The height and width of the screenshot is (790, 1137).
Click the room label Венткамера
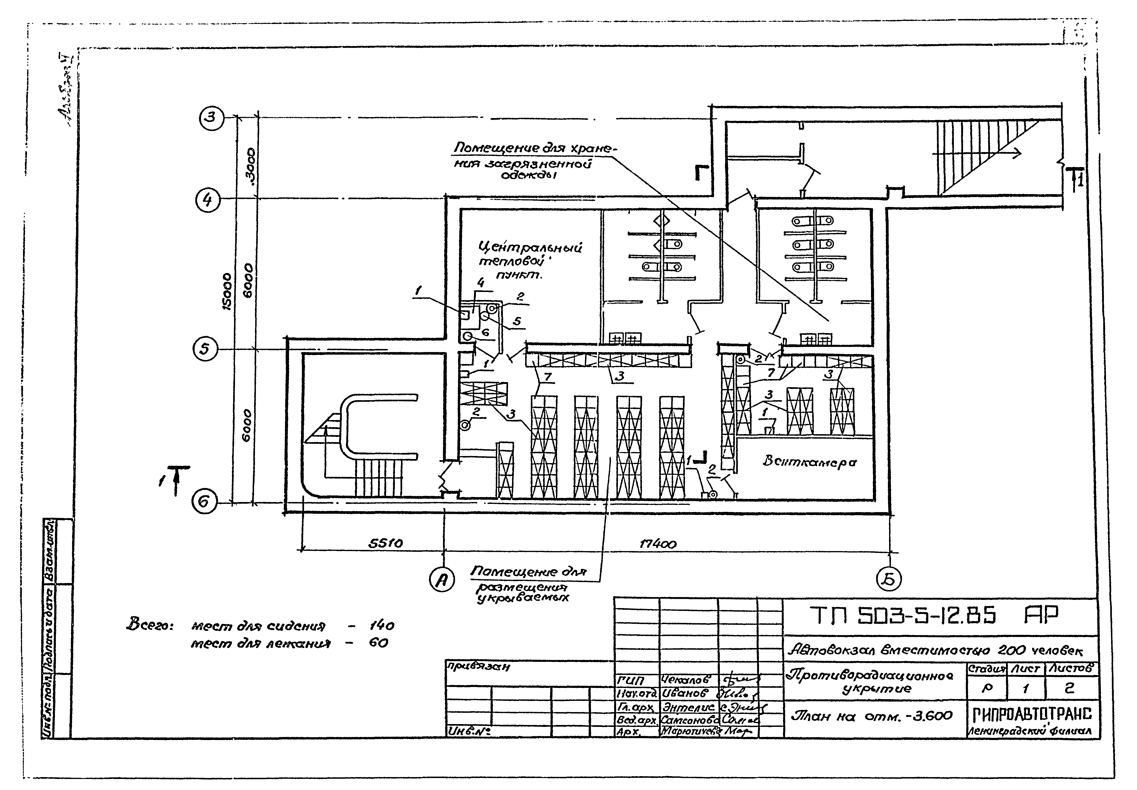(809, 462)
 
